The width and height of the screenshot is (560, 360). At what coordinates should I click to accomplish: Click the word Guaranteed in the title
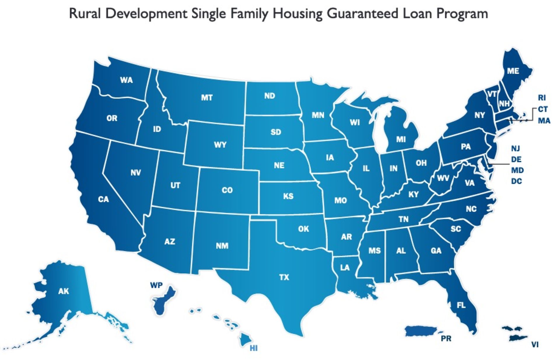point(363,13)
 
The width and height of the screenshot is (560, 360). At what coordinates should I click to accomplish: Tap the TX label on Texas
point(284,277)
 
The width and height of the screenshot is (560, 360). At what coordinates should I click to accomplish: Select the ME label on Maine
point(513,71)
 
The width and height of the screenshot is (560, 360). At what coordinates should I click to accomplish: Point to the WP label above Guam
point(156,285)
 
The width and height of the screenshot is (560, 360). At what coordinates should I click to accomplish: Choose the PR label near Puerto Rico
point(446,339)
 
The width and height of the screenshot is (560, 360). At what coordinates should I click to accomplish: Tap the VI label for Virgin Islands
point(535,345)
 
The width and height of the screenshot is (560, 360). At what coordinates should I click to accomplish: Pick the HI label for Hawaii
point(253,348)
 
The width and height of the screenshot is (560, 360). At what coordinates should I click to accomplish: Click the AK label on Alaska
point(64,291)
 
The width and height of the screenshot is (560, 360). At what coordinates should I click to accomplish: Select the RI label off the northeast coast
point(542,98)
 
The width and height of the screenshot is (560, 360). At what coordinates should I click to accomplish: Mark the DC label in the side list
point(516,181)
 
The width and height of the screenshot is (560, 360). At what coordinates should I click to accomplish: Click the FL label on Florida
point(461,305)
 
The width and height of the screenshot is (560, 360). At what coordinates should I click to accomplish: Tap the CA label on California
point(104,199)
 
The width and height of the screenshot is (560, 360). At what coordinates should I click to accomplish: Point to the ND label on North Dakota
point(269,96)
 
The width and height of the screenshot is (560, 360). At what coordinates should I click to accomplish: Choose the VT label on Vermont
point(492,94)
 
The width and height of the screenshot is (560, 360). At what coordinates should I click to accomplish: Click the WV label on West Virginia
point(443,178)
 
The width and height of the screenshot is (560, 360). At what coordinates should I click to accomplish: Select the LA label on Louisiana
point(345,268)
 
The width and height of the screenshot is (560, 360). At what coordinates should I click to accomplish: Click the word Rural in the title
point(85,13)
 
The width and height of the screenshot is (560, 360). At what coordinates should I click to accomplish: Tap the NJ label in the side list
point(515,148)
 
